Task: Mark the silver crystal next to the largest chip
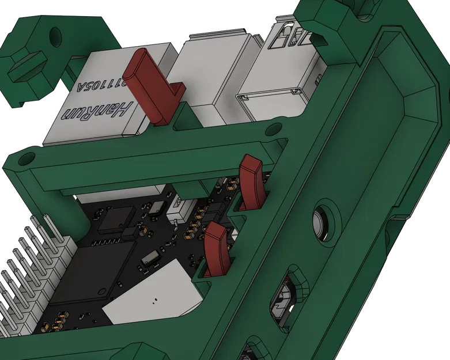[x=150, y=257]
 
